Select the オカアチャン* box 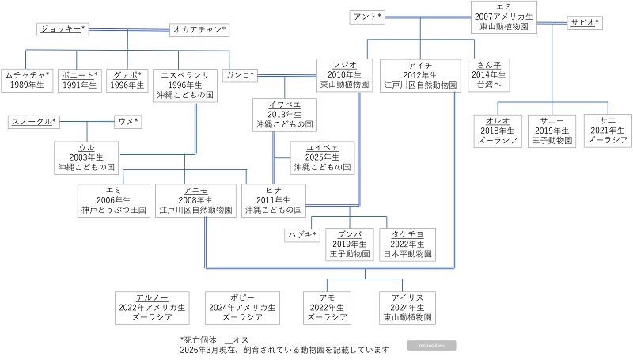(x=199, y=30)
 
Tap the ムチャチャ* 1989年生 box (x=27, y=79)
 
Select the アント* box (x=366, y=17)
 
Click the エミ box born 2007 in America (x=504, y=17)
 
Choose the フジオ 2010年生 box (x=339, y=74)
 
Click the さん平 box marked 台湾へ (x=487, y=74)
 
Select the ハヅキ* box (x=301, y=235)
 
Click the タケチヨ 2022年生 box (x=407, y=244)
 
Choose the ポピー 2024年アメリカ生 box (x=242, y=306)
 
